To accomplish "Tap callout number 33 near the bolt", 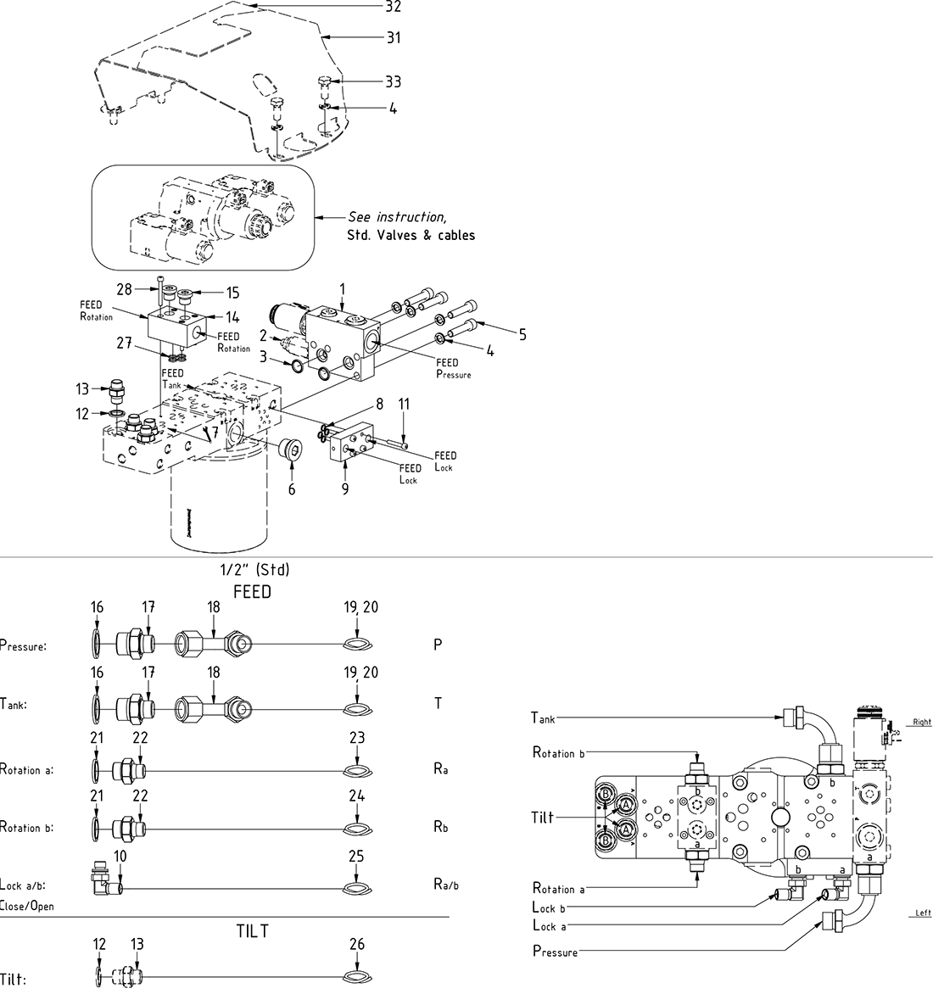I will click(x=393, y=82).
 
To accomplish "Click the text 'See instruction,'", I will click(x=397, y=217).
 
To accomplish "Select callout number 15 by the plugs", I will click(x=232, y=293).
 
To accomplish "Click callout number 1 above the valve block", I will click(x=343, y=290).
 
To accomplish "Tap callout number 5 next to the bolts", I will click(x=522, y=335).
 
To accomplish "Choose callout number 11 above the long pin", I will click(x=405, y=405).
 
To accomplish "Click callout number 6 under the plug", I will click(x=292, y=489).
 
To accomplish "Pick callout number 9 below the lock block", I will click(x=345, y=489).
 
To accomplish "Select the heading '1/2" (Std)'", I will click(x=254, y=571).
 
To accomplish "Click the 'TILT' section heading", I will click(x=253, y=931).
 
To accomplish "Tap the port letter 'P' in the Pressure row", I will click(x=438, y=645).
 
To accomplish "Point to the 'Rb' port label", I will click(x=440, y=828).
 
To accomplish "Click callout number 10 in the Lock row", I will click(x=120, y=857).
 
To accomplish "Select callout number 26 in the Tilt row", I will click(x=357, y=943).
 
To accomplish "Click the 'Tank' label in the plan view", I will click(x=543, y=718).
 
